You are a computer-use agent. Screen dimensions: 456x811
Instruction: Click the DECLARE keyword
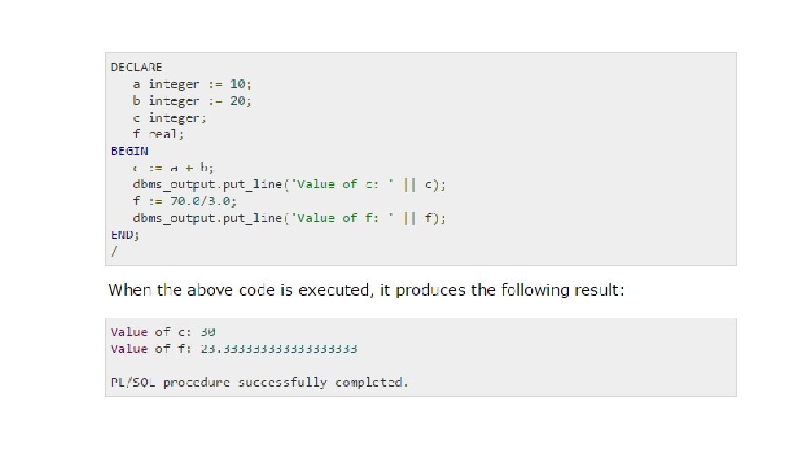pos(136,67)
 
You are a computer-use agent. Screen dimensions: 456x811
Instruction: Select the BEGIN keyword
pos(129,151)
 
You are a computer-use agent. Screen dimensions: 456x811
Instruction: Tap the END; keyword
pos(125,235)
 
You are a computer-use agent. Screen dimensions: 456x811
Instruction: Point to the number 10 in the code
pos(240,84)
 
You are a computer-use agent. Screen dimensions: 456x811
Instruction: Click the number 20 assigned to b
pos(240,100)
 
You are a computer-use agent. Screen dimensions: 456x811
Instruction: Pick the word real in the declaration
pos(166,134)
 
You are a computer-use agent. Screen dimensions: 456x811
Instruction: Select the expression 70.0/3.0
pos(204,201)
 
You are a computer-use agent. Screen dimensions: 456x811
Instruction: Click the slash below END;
pos(113,251)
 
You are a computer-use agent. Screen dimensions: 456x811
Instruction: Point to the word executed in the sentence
pos(333,290)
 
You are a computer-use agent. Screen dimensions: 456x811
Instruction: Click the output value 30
pos(207,332)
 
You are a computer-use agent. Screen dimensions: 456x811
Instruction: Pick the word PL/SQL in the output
pos(133,383)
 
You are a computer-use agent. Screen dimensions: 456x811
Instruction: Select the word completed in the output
pos(372,383)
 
